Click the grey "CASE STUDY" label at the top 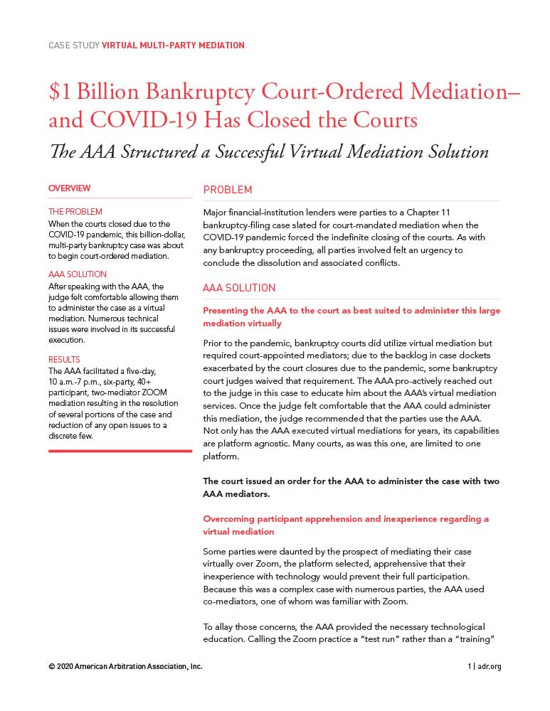73,46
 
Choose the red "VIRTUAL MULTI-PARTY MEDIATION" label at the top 173,46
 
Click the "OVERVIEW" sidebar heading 70,188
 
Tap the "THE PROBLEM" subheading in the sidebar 75,212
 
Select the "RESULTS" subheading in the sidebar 64,360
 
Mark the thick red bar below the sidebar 120,451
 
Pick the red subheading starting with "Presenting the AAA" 351,316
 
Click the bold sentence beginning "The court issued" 351,487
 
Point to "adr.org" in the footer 490,667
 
